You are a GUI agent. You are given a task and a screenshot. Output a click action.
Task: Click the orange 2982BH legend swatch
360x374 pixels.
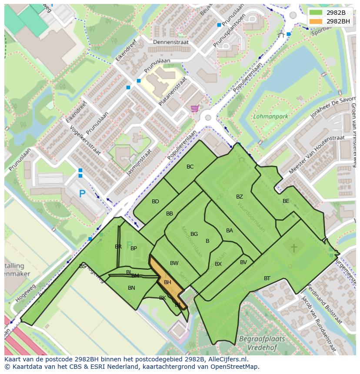click(316, 21)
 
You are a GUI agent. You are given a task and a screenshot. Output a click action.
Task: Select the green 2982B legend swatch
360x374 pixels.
click(316, 12)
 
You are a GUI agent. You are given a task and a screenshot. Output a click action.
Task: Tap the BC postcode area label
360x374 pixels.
click(190, 167)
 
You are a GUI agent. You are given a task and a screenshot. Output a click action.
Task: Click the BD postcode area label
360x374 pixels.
click(155, 202)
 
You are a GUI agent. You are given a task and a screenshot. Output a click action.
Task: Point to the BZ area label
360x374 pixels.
click(240, 197)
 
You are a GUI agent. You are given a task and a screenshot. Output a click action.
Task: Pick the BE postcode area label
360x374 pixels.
click(286, 201)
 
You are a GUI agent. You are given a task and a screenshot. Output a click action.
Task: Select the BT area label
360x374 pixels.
click(267, 278)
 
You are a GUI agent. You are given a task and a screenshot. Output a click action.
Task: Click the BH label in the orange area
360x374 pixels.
click(167, 282)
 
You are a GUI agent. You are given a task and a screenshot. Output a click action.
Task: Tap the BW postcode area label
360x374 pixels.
click(174, 263)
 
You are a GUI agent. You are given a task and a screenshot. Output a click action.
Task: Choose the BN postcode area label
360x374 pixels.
click(131, 288)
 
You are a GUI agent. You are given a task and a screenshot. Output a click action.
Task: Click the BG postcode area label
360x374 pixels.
click(194, 234)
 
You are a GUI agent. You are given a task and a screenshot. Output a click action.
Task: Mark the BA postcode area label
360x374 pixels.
click(230, 231)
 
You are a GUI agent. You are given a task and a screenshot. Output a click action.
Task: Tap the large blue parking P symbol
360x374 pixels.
click(81, 194)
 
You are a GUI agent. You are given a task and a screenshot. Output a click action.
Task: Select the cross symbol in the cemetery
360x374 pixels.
click(293, 248)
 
